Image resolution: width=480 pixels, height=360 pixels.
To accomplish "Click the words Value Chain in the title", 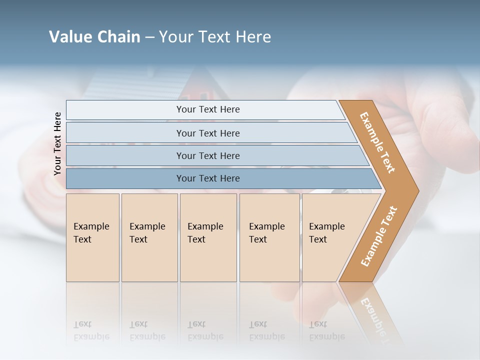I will [94, 36].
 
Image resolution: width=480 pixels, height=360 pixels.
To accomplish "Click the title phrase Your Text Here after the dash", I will [215, 36].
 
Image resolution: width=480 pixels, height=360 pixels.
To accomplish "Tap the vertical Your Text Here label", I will [57, 143].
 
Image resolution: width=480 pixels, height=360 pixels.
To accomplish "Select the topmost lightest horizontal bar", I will [205, 109].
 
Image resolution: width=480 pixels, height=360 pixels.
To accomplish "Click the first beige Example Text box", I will [92, 237].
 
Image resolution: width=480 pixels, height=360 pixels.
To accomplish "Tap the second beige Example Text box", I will [149, 237].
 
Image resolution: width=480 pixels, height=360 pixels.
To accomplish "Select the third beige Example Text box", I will [208, 237].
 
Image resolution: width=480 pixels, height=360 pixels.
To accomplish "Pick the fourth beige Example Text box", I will [269, 237].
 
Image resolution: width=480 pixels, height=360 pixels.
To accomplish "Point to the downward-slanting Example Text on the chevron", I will [378, 142].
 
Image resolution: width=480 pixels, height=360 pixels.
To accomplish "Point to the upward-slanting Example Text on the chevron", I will [379, 236].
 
